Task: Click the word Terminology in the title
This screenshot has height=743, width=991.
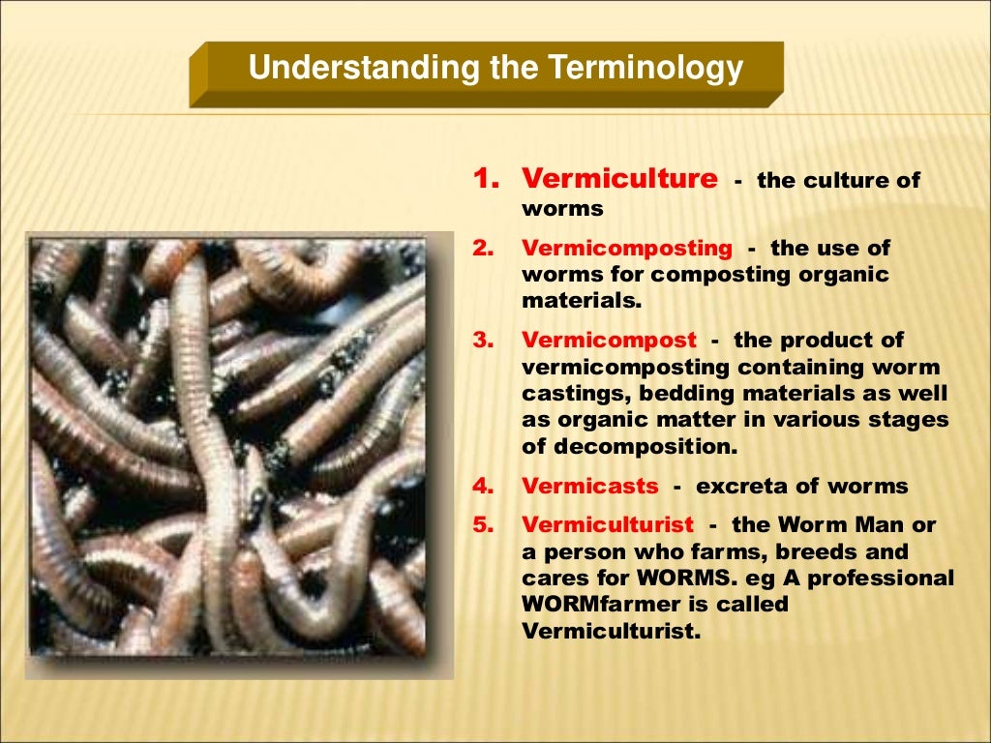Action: click(x=646, y=69)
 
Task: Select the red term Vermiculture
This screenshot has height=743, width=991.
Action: click(x=619, y=180)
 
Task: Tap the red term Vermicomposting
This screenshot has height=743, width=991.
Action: click(x=627, y=248)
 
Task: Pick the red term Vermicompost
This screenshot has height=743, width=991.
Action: click(x=609, y=341)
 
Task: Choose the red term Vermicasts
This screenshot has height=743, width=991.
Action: click(x=590, y=486)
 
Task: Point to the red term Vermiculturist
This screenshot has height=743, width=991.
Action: click(x=608, y=525)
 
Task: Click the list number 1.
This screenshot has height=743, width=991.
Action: click(x=484, y=180)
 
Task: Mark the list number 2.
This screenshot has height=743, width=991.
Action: click(x=483, y=249)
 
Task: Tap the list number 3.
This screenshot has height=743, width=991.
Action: click(x=483, y=342)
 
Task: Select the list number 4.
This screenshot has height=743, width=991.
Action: click(x=483, y=487)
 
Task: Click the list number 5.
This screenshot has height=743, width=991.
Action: click(x=483, y=526)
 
